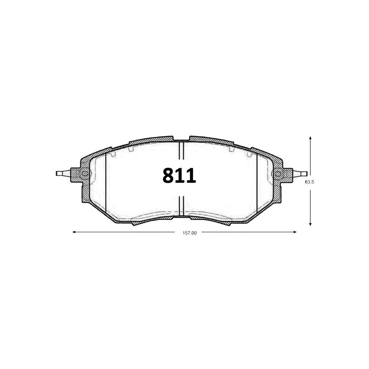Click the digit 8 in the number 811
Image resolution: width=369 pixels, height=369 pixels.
[x=168, y=176]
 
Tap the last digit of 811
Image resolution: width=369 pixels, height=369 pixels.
[x=191, y=176]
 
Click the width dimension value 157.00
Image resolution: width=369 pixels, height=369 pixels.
[x=189, y=233]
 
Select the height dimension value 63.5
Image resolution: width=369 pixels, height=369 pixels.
[x=310, y=182]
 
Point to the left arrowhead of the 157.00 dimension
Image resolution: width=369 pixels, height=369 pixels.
[x=74, y=232]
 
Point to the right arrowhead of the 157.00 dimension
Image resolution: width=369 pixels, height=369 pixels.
[x=295, y=232]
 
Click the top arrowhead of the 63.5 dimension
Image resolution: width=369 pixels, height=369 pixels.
[x=310, y=138]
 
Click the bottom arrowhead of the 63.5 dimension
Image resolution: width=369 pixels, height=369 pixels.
[x=310, y=224]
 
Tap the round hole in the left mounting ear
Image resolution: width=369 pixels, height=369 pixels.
[x=85, y=174]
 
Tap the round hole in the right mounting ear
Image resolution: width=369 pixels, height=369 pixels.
[x=278, y=174]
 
